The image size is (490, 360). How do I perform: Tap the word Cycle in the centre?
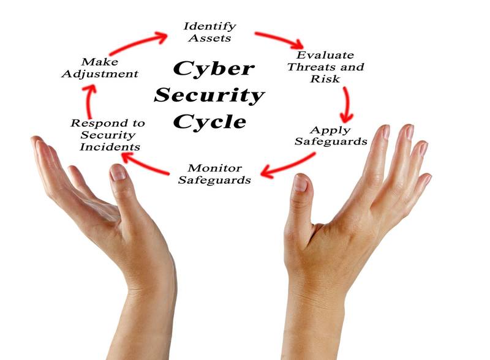209,122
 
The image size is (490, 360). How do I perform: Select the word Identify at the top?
209,26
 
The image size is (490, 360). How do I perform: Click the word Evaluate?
325,55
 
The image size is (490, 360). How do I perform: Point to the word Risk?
325,79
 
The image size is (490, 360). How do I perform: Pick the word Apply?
330,130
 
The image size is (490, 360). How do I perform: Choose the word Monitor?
215,168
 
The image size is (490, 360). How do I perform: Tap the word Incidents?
110,147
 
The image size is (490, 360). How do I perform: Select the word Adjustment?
100,74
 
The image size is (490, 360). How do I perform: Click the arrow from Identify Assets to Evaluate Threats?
279,39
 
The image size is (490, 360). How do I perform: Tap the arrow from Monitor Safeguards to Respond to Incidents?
145,163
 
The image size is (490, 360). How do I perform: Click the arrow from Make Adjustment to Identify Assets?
139,43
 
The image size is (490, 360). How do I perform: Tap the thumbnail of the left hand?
118,173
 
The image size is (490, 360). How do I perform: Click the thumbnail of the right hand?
301,183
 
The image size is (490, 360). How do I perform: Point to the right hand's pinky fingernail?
427,179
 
